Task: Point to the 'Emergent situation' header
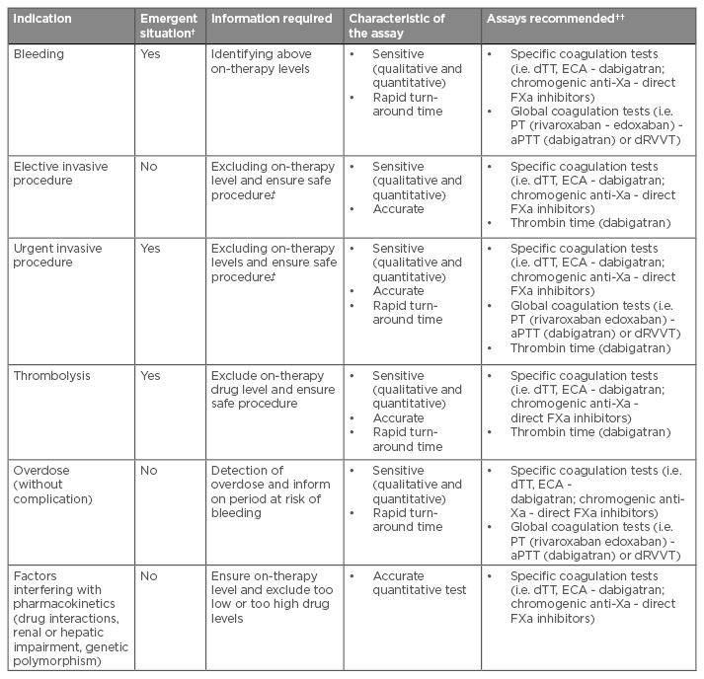click(x=169, y=26)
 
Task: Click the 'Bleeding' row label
click(x=38, y=55)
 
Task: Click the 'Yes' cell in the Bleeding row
click(x=150, y=55)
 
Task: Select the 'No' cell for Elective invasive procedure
click(x=148, y=167)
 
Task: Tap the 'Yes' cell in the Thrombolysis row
click(x=150, y=375)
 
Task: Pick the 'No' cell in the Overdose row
click(x=148, y=471)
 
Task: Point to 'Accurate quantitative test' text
click(x=419, y=583)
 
